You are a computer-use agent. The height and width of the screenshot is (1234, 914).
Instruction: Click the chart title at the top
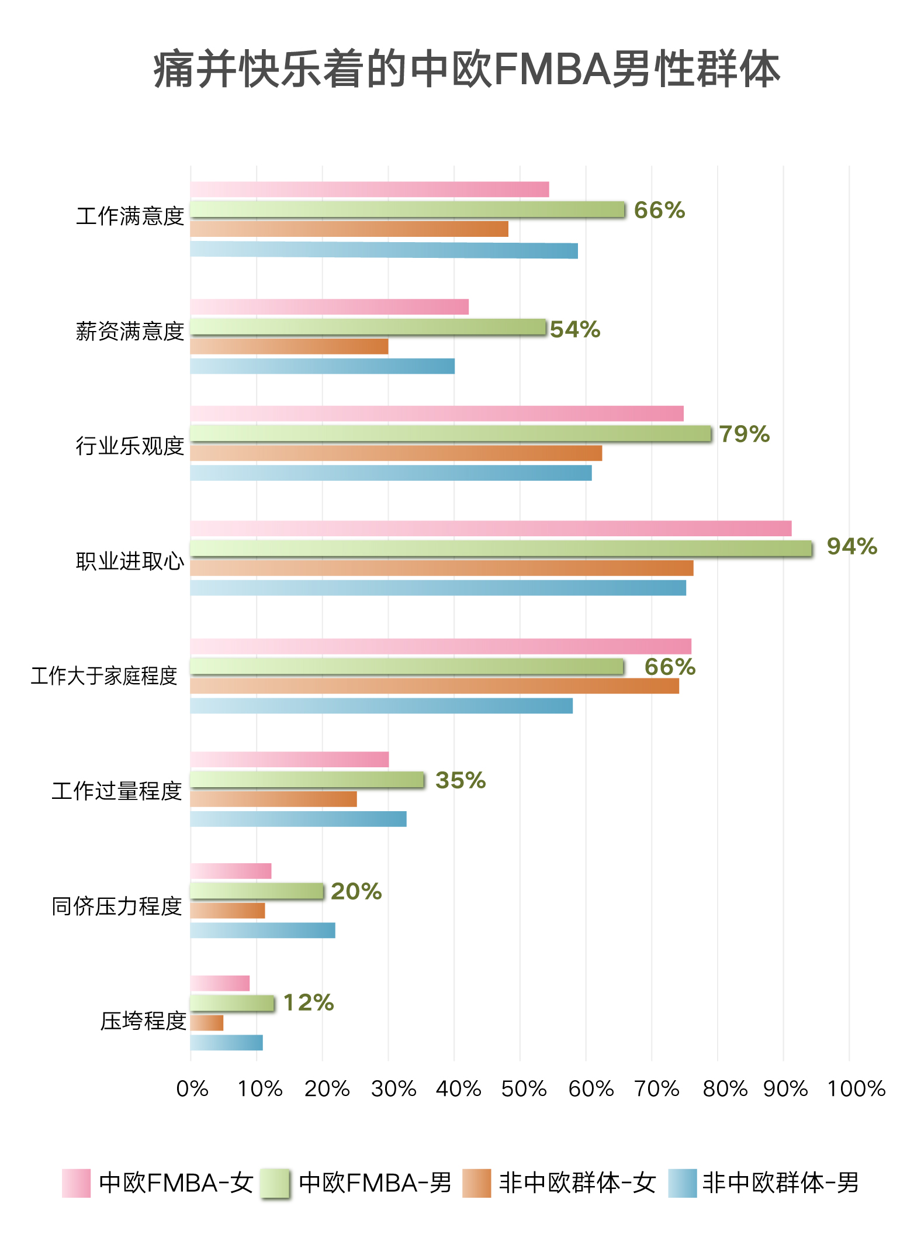466,70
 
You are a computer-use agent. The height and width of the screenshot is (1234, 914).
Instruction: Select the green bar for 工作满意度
407,209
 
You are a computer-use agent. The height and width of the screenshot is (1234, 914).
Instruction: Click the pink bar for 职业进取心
491,529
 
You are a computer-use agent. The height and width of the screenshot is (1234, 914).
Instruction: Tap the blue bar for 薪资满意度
323,366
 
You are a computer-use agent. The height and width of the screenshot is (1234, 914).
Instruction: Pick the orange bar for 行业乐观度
396,453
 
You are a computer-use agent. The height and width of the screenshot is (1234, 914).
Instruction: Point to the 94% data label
851,546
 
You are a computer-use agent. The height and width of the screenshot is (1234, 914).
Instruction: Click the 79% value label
744,434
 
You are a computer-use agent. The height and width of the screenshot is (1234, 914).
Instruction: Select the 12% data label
309,1002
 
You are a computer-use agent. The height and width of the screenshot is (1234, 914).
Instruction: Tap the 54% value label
575,329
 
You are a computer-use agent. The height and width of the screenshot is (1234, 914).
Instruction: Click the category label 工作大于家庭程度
104,676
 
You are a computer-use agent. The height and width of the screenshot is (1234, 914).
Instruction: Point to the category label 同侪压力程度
117,906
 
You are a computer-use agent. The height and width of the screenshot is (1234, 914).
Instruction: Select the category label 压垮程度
143,1021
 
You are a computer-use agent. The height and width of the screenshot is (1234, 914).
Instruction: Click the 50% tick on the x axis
524,1089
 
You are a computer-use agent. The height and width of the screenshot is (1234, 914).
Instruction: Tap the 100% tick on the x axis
856,1089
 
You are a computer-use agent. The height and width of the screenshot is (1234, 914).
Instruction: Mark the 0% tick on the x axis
192,1089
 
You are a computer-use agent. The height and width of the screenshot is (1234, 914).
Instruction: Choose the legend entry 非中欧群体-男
780,1183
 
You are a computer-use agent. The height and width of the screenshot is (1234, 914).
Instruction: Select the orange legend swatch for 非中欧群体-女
476,1183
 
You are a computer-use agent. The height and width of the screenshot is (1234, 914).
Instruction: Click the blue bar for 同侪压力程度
263,930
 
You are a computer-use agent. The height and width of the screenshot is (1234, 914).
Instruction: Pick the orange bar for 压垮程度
207,1023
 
